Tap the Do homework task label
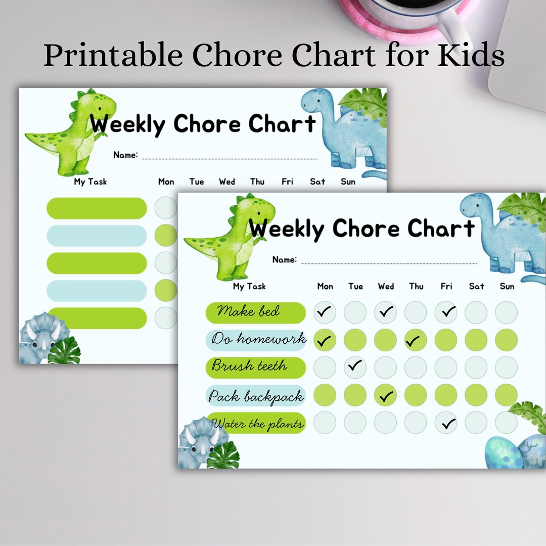click(x=258, y=339)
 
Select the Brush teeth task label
click(x=250, y=366)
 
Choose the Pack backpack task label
click(x=257, y=397)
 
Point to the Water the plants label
click(x=258, y=424)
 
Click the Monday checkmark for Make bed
click(x=325, y=312)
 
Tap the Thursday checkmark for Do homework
click(x=415, y=341)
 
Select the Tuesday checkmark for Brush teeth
click(x=355, y=366)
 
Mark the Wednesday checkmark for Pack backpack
click(x=386, y=396)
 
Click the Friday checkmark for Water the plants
click(x=446, y=423)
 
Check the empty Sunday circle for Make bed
click(x=506, y=312)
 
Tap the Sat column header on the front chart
click(x=476, y=286)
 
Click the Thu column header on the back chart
click(x=257, y=181)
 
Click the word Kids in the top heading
click(x=471, y=56)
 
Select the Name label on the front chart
click(x=285, y=259)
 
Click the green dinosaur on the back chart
click(x=73, y=132)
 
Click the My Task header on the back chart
click(x=90, y=181)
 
